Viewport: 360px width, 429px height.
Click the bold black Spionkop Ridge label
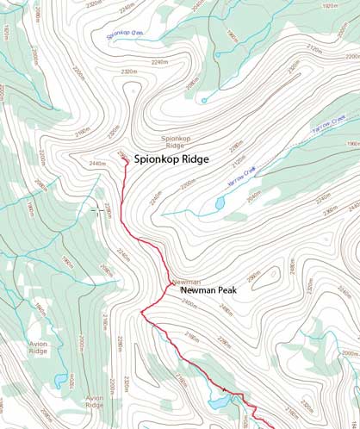[183, 159]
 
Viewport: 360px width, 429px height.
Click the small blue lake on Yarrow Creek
[220, 204]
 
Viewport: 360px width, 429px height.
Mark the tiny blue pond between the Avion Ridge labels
[57, 379]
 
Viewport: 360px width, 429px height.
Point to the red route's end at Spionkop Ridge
[125, 157]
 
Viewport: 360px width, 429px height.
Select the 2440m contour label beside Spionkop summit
[98, 163]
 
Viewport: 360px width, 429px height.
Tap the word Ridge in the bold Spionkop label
[214, 159]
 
